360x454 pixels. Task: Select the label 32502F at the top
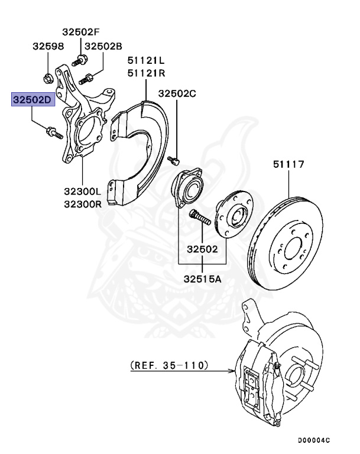(82, 32)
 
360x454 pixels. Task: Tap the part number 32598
(48, 46)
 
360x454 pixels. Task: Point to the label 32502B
(103, 46)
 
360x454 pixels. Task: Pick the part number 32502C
(176, 93)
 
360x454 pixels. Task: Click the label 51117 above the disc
(288, 164)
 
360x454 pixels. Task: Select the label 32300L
(83, 192)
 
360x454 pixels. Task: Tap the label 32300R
(83, 204)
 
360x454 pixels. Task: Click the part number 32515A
(202, 278)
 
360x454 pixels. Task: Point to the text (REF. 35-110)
(170, 366)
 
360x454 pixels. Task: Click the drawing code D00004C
(313, 440)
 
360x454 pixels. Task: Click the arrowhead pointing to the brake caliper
(232, 372)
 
